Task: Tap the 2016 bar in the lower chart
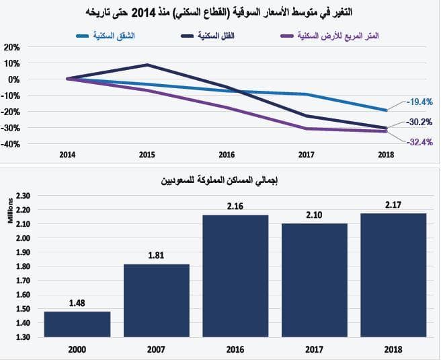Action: (235, 275)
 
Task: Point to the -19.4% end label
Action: (419, 102)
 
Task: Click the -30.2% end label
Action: (419, 122)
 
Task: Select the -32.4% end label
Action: (419, 141)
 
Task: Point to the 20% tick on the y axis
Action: (11, 47)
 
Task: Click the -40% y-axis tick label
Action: (11, 143)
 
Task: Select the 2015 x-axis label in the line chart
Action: (147, 155)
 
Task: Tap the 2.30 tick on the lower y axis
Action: (22, 196)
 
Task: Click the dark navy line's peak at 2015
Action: (147, 65)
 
